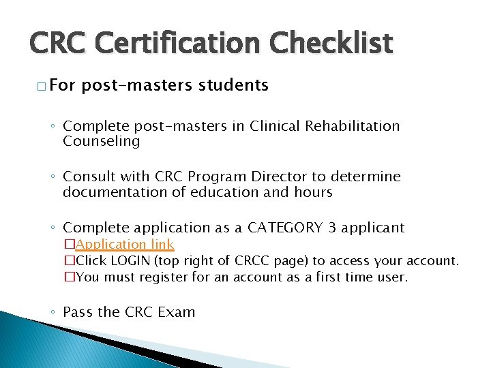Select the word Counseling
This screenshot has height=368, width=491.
(x=101, y=142)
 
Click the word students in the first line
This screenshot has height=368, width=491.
(x=234, y=85)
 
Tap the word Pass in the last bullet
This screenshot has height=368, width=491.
(x=78, y=312)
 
